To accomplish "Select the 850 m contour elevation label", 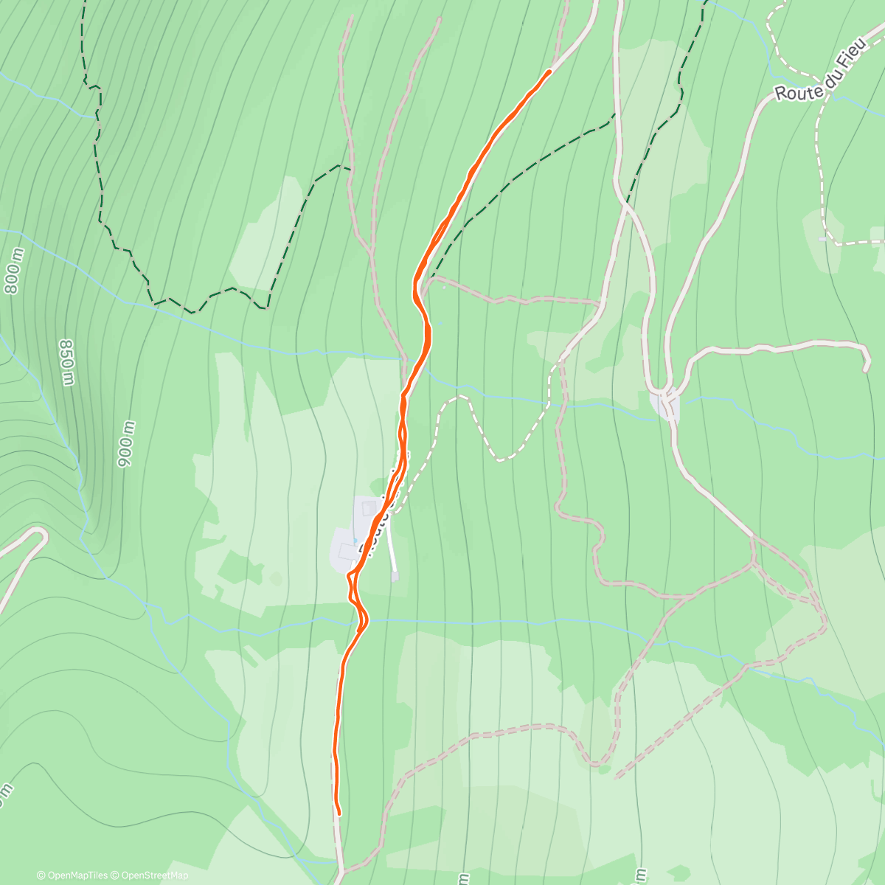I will pyautogui.click(x=67, y=362).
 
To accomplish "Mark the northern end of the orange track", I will pyautogui.click(x=549, y=71).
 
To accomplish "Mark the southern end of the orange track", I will pyautogui.click(x=339, y=814).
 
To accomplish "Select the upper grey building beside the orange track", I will pyautogui.click(x=367, y=508).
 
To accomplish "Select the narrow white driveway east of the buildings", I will pyautogui.click(x=392, y=546).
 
